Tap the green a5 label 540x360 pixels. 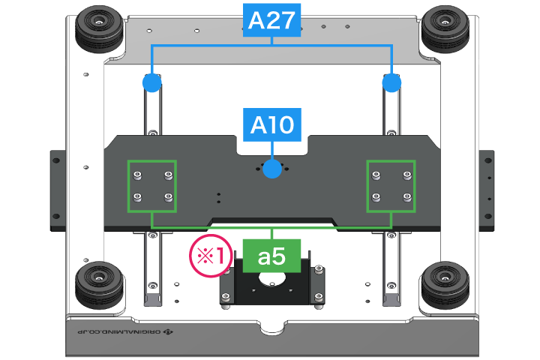[x=271, y=256]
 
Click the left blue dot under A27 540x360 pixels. [x=152, y=82]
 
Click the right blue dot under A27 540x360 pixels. [x=391, y=82]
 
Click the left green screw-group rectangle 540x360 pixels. [x=152, y=186]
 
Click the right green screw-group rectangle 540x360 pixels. [x=391, y=186]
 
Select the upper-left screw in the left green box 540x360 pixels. [x=137, y=175]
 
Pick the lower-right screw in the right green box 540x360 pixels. [x=406, y=199]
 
